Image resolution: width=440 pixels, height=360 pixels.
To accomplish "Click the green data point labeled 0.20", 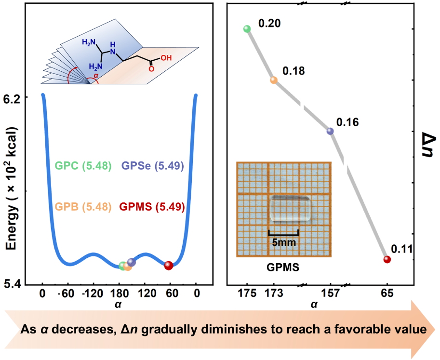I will click(x=247, y=29).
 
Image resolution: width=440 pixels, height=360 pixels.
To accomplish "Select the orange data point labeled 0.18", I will click(x=274, y=80).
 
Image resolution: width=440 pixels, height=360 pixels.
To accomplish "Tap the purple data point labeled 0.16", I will click(x=330, y=131).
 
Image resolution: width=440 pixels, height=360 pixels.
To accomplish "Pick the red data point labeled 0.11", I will click(x=387, y=259).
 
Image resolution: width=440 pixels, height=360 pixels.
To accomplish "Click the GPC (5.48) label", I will click(x=83, y=166).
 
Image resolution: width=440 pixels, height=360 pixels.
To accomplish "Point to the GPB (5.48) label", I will click(x=83, y=207).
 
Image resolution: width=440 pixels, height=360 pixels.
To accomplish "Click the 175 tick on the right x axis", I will click(x=247, y=294).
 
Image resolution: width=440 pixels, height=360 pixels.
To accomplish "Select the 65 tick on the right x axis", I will click(x=387, y=294).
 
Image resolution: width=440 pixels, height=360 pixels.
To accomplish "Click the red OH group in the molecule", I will click(x=165, y=58).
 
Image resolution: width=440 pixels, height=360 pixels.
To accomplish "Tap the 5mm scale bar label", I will click(x=283, y=243).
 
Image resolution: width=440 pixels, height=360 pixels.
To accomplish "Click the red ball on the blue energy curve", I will click(x=168, y=266).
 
